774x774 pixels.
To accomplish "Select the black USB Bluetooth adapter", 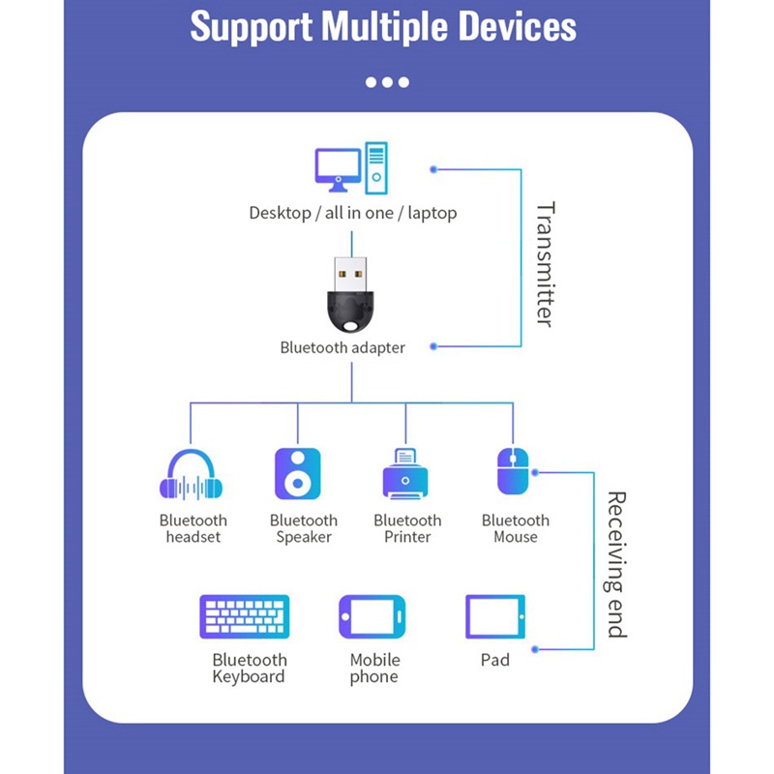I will click(351, 294).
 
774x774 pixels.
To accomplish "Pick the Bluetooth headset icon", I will click(192, 475).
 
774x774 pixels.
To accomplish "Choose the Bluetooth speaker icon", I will click(297, 473).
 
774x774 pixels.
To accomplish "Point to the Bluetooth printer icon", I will click(405, 474).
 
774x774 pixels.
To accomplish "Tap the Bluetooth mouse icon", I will click(512, 472).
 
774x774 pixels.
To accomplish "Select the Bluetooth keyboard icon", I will click(245, 617).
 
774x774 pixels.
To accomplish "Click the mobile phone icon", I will click(372, 617).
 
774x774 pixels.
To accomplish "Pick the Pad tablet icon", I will click(494, 617).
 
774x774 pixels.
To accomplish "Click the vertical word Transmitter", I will click(545, 263).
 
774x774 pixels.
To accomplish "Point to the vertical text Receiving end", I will click(616, 564).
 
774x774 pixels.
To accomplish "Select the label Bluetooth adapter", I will click(342, 347).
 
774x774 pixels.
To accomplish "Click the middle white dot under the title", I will click(387, 82).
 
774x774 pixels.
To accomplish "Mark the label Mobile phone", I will click(374, 669).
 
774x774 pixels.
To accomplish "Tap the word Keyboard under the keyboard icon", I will click(249, 677).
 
